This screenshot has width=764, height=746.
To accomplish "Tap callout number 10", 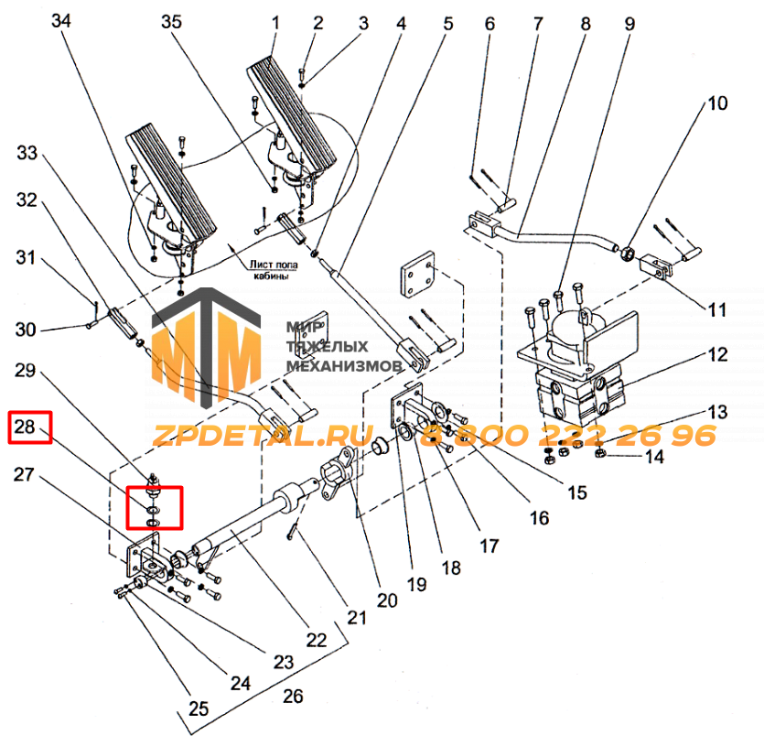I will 716,103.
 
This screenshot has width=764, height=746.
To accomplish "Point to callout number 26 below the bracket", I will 292,696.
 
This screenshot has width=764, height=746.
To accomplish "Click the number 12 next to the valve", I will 716,353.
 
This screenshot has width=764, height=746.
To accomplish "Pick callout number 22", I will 317,640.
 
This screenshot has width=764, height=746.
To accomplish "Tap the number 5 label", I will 447,20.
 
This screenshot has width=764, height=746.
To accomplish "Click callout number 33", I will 27,154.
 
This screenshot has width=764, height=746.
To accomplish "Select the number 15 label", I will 576,492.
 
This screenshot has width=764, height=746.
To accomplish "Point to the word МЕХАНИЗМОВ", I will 345,365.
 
